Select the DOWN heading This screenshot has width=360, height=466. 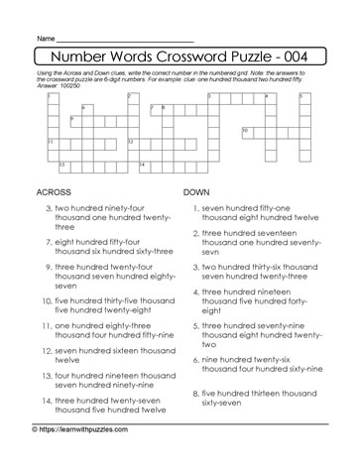pyautogui.click(x=199, y=191)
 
